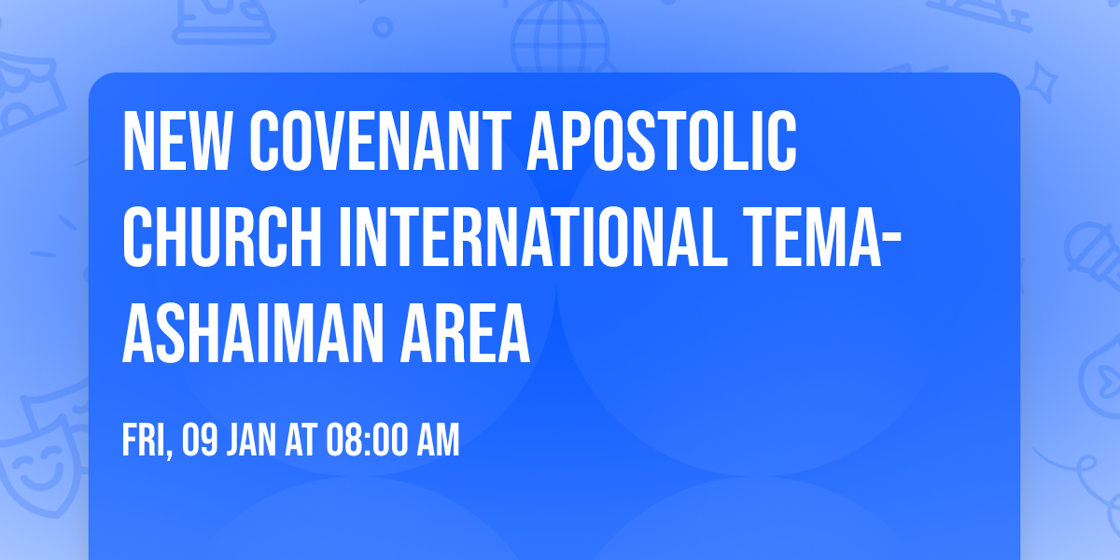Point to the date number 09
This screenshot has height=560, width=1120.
click(x=202, y=441)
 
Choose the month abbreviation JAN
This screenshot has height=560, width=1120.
click(x=251, y=441)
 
